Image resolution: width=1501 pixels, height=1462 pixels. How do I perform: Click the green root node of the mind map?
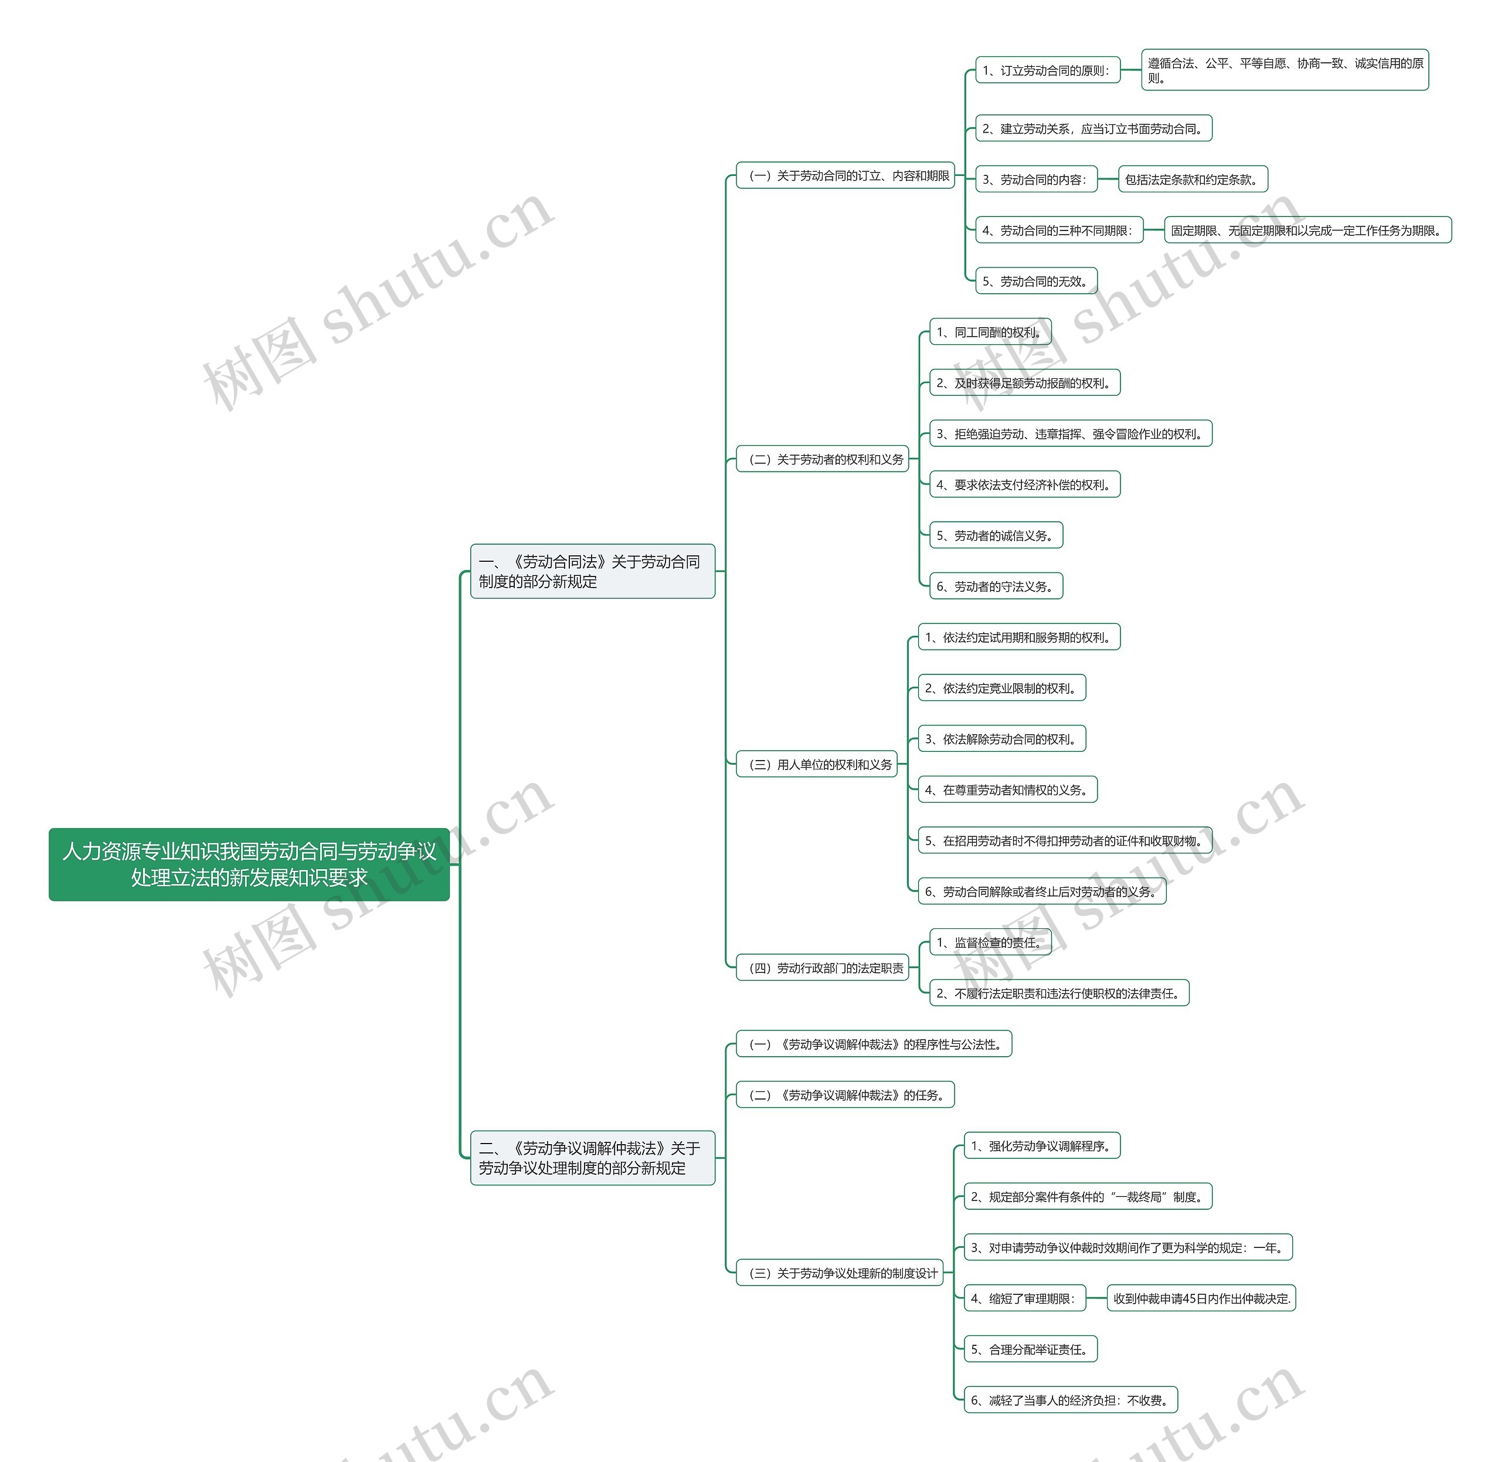249,864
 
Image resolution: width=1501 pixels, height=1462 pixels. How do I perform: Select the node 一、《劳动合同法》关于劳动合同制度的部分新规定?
592,571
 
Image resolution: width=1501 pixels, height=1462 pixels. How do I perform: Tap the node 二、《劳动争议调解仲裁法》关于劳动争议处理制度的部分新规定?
592,1157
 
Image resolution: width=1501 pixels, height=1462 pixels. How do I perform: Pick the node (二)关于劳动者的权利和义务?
822,459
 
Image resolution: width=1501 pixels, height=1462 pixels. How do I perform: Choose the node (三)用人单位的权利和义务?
816,764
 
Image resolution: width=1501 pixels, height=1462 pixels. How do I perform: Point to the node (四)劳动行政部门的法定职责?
822,968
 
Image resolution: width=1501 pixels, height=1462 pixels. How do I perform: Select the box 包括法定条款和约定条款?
1191,179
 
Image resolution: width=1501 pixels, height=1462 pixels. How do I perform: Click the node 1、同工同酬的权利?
990,332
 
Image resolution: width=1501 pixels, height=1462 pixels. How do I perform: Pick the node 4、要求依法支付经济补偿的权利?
1024,484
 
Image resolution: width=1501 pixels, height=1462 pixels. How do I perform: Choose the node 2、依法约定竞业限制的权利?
1001,688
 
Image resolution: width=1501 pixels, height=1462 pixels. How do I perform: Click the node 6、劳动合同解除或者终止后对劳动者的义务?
1042,891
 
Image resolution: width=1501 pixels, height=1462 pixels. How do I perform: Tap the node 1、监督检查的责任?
990,942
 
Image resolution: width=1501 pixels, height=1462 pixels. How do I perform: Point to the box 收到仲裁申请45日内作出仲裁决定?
1201,1298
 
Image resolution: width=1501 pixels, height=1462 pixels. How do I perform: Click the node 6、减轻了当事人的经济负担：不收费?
1070,1400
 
